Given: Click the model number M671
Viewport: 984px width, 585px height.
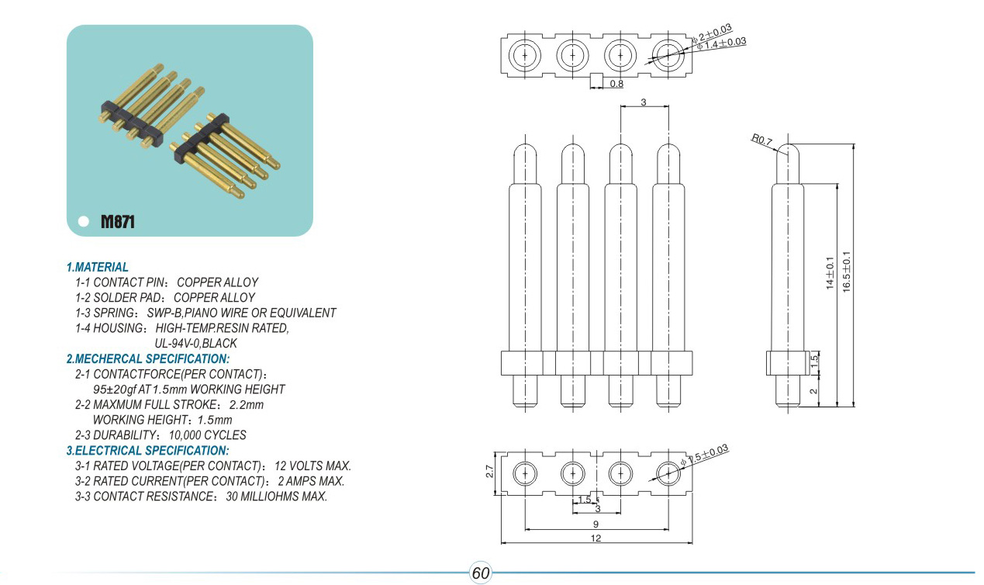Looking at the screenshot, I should (118, 222).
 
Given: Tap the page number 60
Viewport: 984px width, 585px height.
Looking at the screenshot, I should (481, 573).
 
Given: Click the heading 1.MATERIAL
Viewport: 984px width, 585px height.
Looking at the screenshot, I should (98, 267).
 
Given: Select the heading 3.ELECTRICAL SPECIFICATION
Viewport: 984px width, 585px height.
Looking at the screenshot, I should (147, 451).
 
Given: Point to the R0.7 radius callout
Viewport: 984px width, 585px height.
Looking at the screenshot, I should (761, 140).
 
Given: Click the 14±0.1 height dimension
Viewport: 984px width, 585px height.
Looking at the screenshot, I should (829, 273).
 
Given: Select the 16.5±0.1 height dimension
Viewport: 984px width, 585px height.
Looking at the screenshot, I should (846, 270).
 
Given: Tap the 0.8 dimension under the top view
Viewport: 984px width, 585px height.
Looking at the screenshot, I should (616, 83).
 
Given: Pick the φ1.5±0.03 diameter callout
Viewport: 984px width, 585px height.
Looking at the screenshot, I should (705, 455).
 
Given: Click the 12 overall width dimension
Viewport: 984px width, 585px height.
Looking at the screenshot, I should (596, 538).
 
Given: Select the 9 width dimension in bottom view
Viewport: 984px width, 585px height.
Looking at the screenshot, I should (596, 524).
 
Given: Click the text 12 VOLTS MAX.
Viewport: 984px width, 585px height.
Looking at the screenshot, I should (312, 466).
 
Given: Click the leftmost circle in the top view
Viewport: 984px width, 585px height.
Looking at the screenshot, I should (525, 55).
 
